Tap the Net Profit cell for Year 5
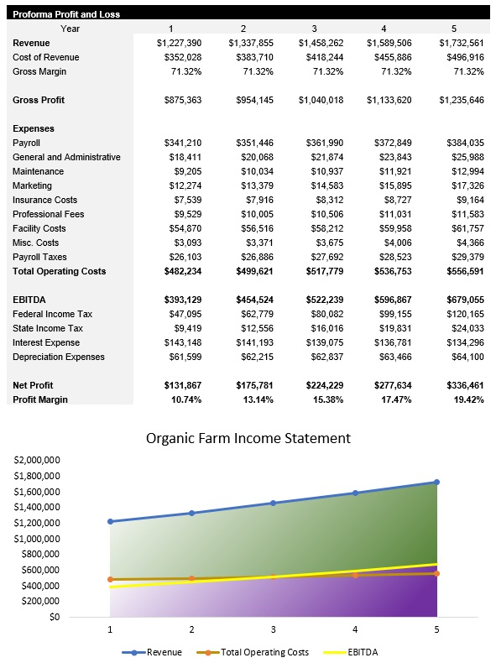[461, 385]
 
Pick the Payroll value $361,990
[321, 143]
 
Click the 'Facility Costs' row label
[39, 228]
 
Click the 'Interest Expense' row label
[46, 342]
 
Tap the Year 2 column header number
[243, 29]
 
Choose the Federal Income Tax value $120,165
[461, 314]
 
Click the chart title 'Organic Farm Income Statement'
[248, 438]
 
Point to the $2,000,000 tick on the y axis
[37, 461]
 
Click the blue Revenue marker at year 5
[436, 483]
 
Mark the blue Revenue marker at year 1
[110, 522]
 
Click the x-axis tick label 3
[273, 629]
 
